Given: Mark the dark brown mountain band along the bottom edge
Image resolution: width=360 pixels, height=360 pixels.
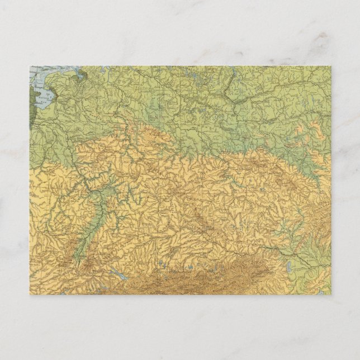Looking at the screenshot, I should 196,280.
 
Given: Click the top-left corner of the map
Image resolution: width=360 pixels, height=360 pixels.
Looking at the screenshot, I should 29,67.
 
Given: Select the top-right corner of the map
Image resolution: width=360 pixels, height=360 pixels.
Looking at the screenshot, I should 331,67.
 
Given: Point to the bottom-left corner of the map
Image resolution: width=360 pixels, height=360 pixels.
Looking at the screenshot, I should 29,295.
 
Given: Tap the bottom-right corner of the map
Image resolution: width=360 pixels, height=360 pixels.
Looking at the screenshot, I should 331,295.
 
